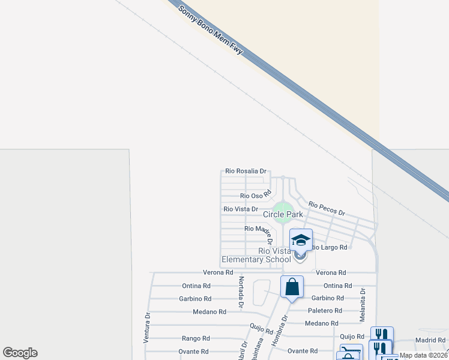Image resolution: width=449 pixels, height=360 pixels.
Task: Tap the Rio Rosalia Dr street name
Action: (x=246, y=172)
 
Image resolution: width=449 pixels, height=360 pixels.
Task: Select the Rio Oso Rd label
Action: (x=256, y=196)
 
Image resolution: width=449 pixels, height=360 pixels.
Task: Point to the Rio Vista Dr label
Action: (x=241, y=209)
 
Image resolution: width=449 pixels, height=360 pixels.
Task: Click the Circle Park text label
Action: (x=283, y=214)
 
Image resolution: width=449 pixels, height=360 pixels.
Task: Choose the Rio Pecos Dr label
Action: (x=327, y=209)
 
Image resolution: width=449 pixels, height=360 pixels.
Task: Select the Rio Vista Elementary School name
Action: (x=256, y=255)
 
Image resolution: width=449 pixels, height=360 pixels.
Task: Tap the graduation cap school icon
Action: (x=301, y=241)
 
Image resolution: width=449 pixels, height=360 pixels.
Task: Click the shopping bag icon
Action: (x=292, y=287)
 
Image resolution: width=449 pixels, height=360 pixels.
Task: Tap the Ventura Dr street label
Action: (x=146, y=326)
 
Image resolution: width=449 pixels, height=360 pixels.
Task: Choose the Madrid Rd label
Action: (x=430, y=340)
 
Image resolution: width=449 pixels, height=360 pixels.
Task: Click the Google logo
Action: (x=20, y=353)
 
